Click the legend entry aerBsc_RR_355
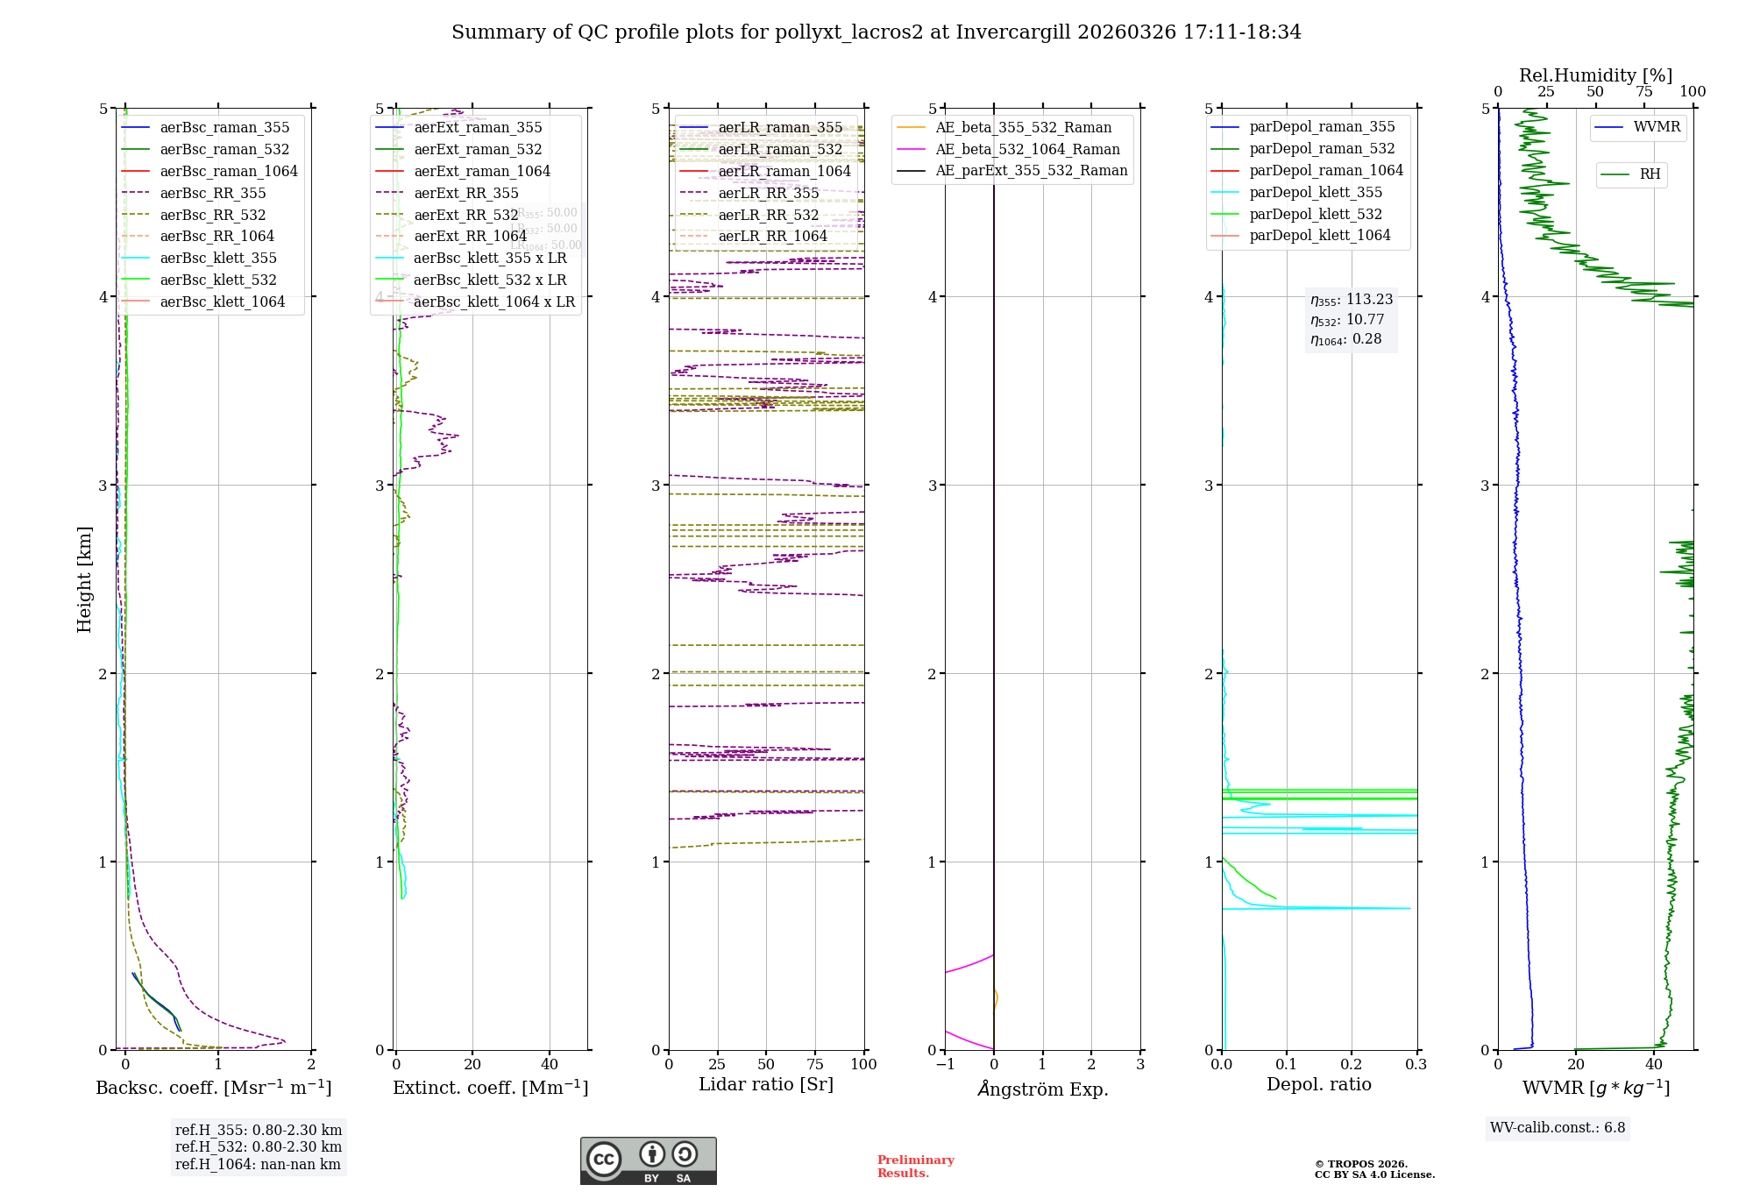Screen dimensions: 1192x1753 coord(212,193)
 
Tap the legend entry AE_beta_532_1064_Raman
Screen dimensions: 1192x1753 coord(1027,149)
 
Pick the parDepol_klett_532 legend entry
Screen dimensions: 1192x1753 coord(1316,214)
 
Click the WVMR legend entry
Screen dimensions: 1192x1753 coord(1657,127)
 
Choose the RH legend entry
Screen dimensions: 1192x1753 coord(1650,174)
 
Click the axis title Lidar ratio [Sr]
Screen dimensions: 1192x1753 coord(766,1084)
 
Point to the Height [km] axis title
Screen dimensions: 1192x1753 coord(84,579)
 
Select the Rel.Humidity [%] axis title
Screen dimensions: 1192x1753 coord(1595,75)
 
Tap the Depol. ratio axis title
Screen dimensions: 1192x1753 coord(1319,1084)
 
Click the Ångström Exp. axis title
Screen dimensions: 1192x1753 coord(1043,1089)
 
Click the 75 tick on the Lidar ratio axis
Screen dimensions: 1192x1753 coord(815,1064)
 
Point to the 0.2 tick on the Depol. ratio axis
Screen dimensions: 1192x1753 coord(1352,1064)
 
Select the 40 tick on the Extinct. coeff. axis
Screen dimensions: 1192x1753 coord(550,1064)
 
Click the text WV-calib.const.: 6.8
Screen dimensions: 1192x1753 coord(1558,1128)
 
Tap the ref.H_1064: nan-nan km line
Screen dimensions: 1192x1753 coord(258,1164)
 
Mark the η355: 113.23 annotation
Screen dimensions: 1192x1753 coord(1352,300)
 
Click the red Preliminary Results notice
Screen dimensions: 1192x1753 coord(915,1167)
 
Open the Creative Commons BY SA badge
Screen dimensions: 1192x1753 coord(648,1161)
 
